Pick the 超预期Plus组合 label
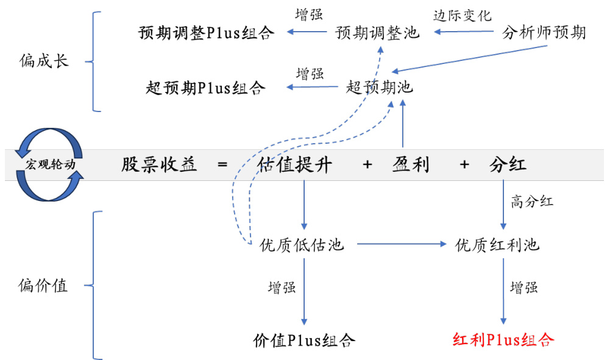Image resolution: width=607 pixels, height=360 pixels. (x=206, y=88)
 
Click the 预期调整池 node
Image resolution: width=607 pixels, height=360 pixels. (x=378, y=32)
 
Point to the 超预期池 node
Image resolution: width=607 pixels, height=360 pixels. (x=379, y=88)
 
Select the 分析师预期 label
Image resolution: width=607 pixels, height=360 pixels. (x=544, y=32)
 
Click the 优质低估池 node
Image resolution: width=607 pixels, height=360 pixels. (x=302, y=245)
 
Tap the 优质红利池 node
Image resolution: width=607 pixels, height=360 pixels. (x=498, y=245)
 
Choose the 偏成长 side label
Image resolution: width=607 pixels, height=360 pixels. (x=44, y=62)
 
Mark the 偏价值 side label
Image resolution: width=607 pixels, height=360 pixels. (x=44, y=285)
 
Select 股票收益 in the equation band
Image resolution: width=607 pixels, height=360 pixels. (x=159, y=165)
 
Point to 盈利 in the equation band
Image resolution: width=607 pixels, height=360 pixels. (x=411, y=165)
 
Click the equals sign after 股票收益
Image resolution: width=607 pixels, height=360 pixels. (x=222, y=165)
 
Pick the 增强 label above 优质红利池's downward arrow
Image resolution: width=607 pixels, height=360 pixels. (x=524, y=287)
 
